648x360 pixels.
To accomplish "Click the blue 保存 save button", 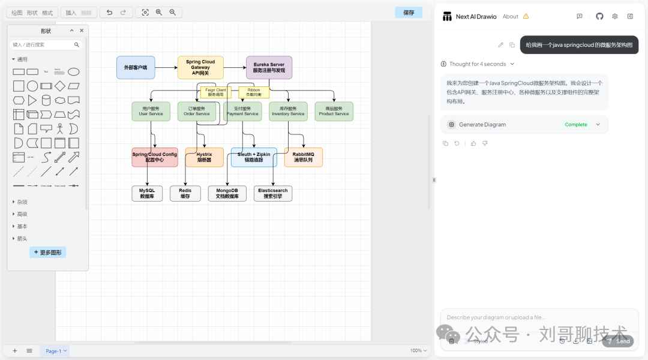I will tap(409, 12).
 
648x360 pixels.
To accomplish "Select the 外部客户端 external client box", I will tap(136, 67).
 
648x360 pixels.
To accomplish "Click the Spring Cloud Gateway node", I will tap(200, 67).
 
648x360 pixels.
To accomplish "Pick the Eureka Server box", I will tap(269, 67).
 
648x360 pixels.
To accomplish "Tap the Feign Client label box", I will tap(215, 92).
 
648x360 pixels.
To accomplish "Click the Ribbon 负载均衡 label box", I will tap(254, 92).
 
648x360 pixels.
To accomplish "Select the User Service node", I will tap(151, 111).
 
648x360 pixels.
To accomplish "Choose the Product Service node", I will tap(334, 111).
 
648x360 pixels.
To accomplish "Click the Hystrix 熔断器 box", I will tap(204, 157).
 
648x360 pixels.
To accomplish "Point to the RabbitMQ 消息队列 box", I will tap(303, 157).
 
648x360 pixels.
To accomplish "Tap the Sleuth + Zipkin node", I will tap(254, 157).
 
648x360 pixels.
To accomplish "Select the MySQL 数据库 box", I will tap(147, 193).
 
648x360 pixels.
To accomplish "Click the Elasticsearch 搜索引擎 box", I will tap(272, 193).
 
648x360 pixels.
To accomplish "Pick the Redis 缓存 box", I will tap(185, 193).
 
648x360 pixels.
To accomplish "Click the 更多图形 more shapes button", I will tap(47, 253).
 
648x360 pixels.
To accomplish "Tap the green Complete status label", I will tap(576, 124).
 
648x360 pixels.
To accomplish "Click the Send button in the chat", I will tap(618, 341).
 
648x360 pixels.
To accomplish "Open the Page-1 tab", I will tap(54, 350).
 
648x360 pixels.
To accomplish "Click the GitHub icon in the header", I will tap(599, 16).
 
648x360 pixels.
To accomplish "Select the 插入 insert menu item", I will tap(71, 12).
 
